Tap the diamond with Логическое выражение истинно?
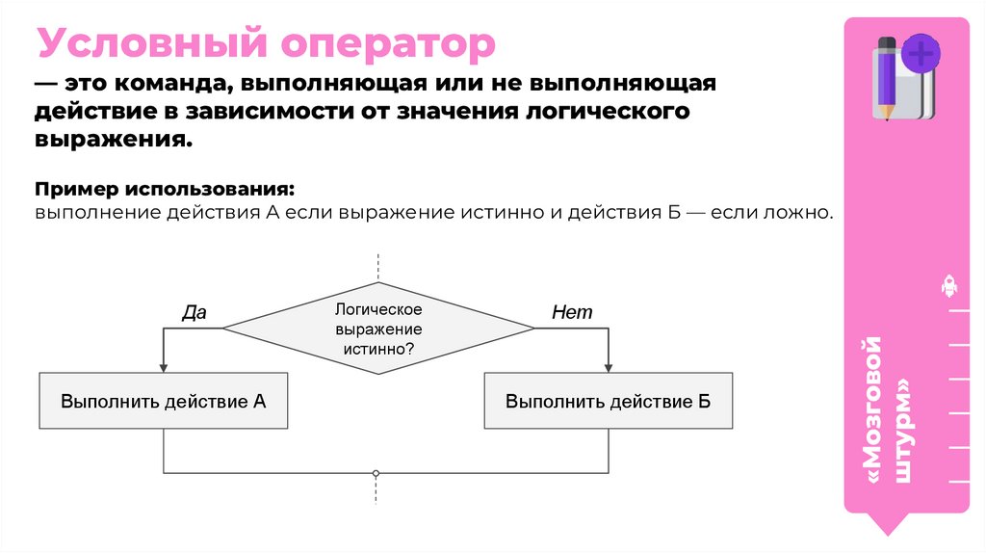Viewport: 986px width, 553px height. pos(378,329)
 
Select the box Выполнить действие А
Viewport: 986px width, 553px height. pos(164,401)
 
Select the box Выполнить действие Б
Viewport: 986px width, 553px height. pos(608,401)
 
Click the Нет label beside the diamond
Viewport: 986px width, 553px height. pos(572,312)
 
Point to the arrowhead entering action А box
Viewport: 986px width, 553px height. pos(164,367)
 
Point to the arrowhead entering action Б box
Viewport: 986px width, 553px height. pos(608,367)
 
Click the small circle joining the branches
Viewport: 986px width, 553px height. pos(376,473)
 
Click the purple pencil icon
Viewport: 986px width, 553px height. pos(885,77)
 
